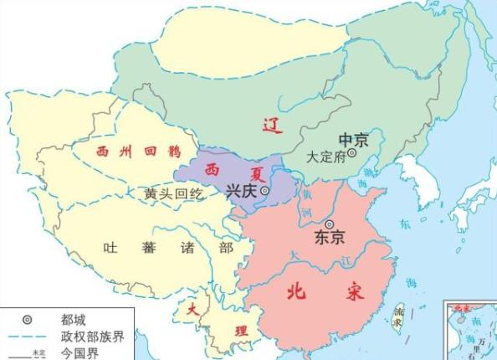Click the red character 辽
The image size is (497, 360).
coord(269,126)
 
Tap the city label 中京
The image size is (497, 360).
coord(354,139)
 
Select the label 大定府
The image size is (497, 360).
coord(326,156)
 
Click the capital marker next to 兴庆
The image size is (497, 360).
coord(265,192)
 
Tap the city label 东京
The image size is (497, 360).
coord(330,238)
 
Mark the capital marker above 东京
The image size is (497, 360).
coord(330,224)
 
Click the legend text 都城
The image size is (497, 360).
coord(73,319)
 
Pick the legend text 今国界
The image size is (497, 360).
coord(79,353)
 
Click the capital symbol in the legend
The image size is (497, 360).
coord(27,319)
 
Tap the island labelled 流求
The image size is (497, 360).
coord(401,316)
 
